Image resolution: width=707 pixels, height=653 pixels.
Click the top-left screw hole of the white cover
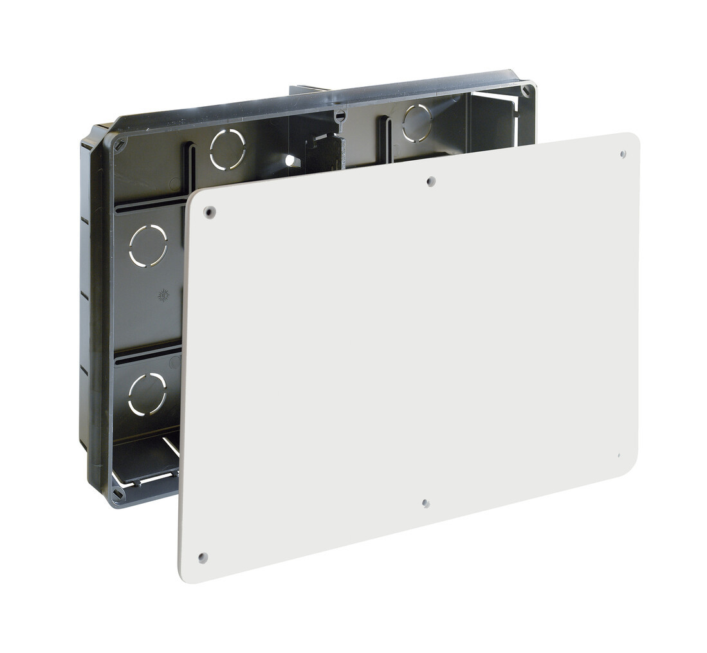pos(209,212)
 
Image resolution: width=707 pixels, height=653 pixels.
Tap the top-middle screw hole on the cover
pos(431,181)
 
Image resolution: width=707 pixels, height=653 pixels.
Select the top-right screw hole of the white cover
pos(623,154)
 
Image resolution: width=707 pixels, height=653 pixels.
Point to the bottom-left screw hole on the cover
pos(203,557)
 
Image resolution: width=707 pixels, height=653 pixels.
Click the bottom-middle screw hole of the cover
pos(425,503)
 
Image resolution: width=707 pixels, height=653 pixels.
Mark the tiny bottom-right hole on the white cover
pos(618,455)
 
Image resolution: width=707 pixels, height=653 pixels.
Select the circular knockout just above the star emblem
pos(148,245)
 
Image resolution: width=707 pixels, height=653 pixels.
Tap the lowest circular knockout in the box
pos(147,394)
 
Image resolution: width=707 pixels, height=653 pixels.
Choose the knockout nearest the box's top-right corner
pos(417,122)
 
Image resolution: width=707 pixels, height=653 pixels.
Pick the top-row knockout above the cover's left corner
pos(228,149)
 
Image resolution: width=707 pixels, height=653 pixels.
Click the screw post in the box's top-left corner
pos(120,145)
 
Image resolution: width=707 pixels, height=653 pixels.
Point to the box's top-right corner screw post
pos(526,91)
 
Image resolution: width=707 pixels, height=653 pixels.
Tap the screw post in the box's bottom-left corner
pos(118,493)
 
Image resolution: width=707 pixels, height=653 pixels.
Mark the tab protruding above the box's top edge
pos(309,91)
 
